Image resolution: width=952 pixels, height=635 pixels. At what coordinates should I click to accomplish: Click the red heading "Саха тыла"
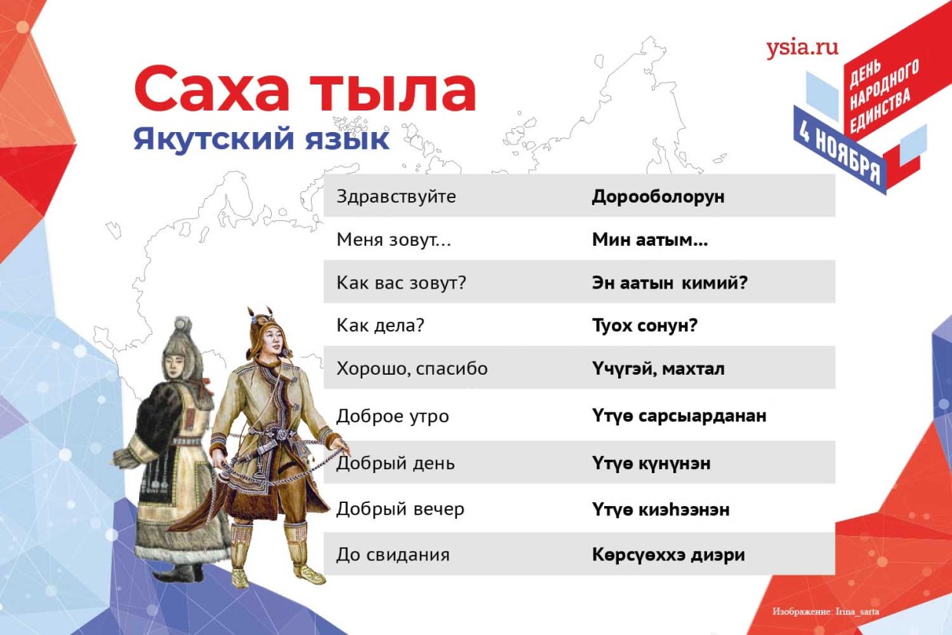[305, 89]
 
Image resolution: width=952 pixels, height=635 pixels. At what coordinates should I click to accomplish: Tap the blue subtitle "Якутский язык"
[261, 140]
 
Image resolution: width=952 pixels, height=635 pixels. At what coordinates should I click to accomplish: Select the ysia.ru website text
[802, 48]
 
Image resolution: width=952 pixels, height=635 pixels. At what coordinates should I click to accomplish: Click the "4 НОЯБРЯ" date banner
[840, 157]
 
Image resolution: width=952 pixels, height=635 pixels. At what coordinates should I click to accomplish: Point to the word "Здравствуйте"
[396, 197]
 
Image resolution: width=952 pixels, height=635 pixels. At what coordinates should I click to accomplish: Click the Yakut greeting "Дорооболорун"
[658, 197]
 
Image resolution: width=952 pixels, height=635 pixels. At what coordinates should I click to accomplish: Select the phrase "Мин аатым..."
[650, 240]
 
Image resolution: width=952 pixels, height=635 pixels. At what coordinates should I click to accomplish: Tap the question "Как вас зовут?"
[401, 283]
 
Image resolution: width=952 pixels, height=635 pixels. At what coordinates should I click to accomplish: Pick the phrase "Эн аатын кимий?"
[669, 283]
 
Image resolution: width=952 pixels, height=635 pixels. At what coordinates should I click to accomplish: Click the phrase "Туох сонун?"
[644, 326]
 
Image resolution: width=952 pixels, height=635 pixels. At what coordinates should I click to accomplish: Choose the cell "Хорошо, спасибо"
[412, 369]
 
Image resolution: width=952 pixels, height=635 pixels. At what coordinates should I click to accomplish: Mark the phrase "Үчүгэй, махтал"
[658, 369]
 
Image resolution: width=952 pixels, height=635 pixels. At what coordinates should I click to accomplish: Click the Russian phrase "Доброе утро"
[392, 416]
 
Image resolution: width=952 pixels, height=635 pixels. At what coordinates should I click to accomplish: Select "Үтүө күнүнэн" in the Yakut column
[651, 463]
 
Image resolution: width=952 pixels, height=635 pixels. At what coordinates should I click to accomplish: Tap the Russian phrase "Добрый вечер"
[400, 509]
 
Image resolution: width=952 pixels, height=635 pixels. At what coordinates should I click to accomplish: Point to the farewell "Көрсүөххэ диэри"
[668, 554]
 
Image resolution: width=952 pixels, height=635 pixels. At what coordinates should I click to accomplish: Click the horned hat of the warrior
[266, 326]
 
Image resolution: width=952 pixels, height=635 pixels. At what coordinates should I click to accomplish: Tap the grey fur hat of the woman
[182, 338]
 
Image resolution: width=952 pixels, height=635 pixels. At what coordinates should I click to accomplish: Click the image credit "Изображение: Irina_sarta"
[826, 612]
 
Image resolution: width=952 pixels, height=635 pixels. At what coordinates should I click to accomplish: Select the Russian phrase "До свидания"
[393, 554]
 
